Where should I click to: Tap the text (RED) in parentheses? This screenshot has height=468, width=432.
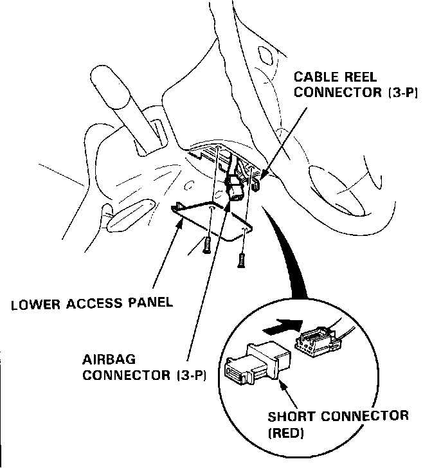pos(285,433)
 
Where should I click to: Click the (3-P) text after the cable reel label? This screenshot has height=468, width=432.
pos(402,93)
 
